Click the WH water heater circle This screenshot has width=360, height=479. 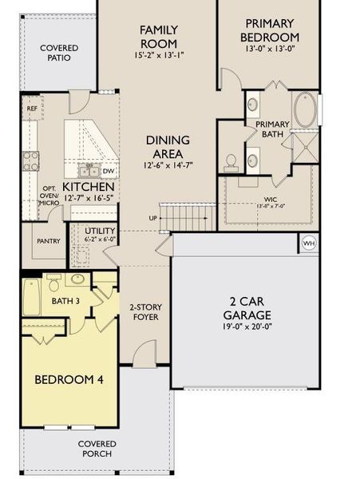(308, 242)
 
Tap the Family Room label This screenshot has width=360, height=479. (159, 36)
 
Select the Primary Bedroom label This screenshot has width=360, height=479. (272, 30)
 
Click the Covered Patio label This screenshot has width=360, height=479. (59, 53)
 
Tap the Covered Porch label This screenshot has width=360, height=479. (97, 449)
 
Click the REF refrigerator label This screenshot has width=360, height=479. (33, 108)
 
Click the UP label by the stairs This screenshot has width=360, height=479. (153, 217)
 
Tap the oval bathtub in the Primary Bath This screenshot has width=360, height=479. (306, 111)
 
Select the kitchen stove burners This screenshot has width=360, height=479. (31, 160)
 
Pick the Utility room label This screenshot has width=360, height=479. (83, 231)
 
